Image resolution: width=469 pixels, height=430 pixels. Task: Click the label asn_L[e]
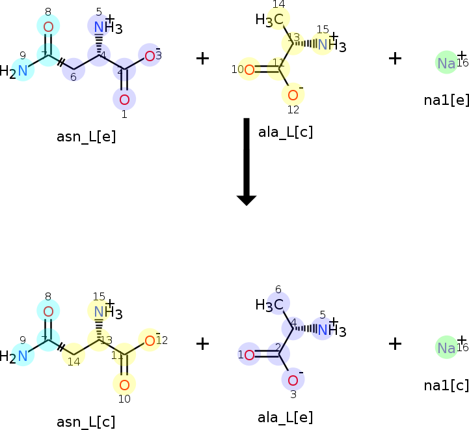pyautogui.click(x=87, y=136)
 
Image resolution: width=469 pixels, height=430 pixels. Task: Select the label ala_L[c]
pyautogui.click(x=286, y=132)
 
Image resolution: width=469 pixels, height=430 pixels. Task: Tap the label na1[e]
pyautogui.click(x=446, y=100)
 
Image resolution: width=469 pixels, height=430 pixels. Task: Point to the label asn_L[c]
pyautogui.click(x=87, y=422)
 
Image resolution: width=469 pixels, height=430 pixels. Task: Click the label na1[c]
pyautogui.click(x=446, y=385)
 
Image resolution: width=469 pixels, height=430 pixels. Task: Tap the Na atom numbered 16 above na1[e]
pyautogui.click(x=446, y=63)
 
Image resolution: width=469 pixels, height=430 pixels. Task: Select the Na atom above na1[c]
pyautogui.click(x=446, y=347)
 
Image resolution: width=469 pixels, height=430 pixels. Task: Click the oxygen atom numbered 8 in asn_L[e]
pyautogui.click(x=48, y=26)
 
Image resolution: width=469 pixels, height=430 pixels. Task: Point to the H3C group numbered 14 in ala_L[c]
pyautogui.click(x=272, y=20)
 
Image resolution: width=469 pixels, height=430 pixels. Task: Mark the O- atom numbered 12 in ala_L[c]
pyautogui.click(x=293, y=93)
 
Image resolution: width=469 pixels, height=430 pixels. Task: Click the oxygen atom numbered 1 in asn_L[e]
pyautogui.click(x=124, y=99)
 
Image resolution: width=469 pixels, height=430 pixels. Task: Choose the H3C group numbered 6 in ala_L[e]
pyautogui.click(x=272, y=304)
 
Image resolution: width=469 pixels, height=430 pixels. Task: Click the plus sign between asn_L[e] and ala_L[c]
pyautogui.click(x=203, y=58)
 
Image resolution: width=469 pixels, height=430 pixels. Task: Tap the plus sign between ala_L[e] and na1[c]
pyautogui.click(x=395, y=343)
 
